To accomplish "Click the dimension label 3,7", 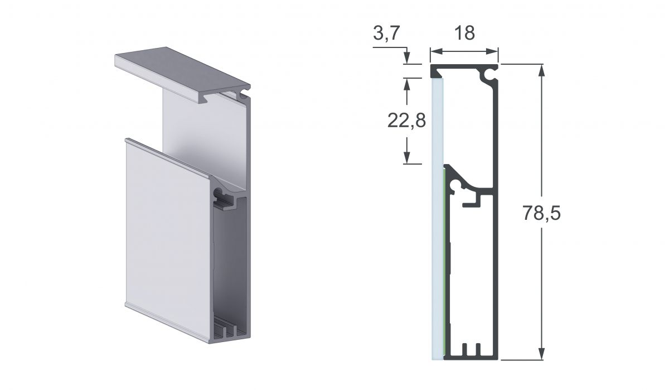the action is [386, 33].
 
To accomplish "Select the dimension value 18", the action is [464, 33].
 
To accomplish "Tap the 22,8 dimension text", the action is [406, 121].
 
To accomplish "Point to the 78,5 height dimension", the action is [541, 213].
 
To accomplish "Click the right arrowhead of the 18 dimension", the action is [492, 51].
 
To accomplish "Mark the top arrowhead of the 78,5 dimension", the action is [542, 70].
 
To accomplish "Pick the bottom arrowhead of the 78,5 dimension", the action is [542, 354].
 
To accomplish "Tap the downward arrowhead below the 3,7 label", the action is [406, 58].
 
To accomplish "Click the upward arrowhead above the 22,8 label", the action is [406, 84].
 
